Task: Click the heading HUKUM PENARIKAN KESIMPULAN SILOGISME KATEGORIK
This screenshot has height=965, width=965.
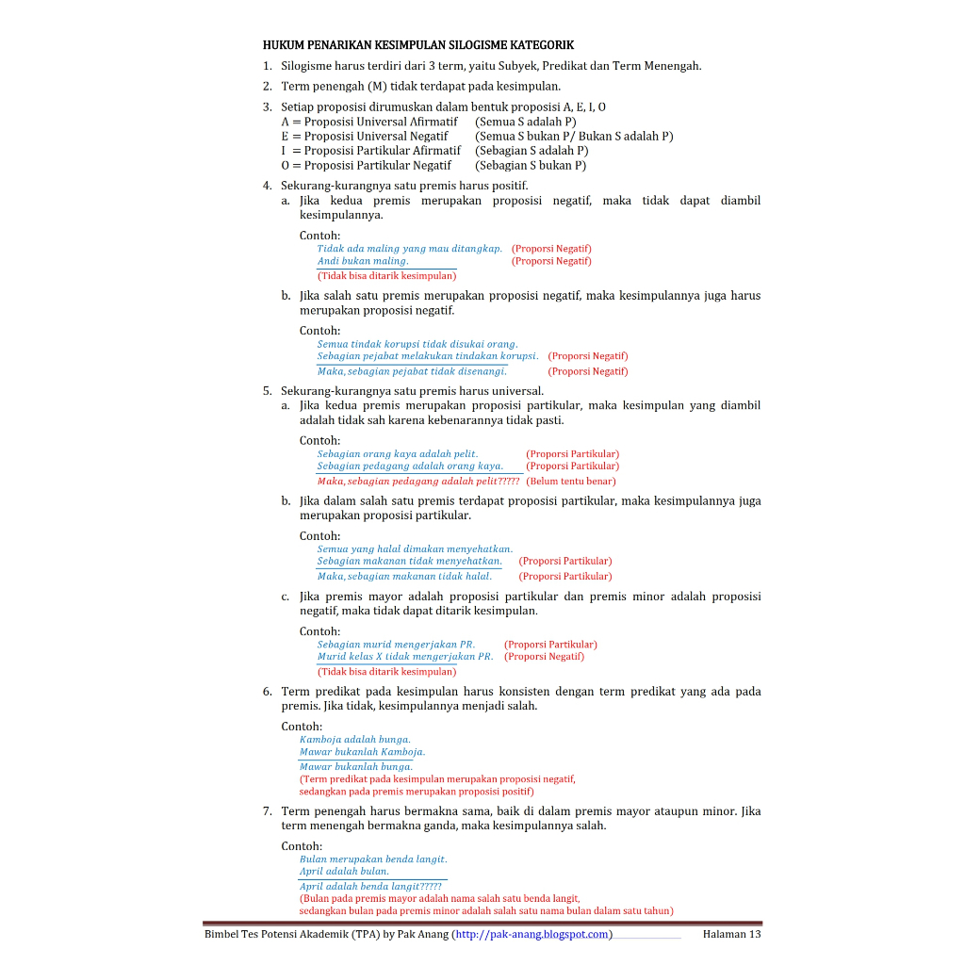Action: point(417,44)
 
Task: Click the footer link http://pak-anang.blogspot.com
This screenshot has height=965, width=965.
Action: point(533,934)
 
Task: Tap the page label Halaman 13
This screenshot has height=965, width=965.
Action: point(731,934)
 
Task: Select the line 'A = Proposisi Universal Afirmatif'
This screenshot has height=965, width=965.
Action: point(369,122)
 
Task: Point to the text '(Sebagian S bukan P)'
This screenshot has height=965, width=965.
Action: point(531,165)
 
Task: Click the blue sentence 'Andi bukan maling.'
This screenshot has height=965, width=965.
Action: point(363,261)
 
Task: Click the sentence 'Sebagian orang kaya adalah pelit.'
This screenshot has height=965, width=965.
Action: point(398,454)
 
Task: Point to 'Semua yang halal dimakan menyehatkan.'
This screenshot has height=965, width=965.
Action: point(415,548)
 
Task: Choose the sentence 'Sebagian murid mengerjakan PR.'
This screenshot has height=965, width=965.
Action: point(396,645)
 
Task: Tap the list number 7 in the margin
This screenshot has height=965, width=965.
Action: point(268,810)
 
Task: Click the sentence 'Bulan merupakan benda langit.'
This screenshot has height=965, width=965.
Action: point(373,859)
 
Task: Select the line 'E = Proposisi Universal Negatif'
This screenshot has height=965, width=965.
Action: point(365,136)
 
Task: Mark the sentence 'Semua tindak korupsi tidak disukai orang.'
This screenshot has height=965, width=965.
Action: point(417,344)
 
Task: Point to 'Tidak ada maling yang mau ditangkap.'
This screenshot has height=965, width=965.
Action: point(410,249)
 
